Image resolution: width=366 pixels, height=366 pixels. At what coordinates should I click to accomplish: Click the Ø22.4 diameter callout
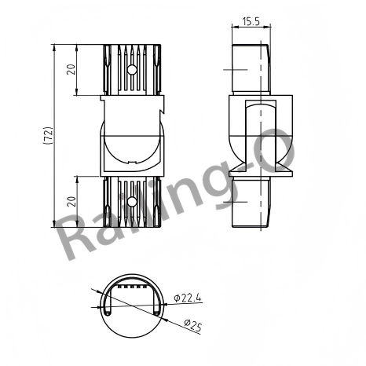(188, 297)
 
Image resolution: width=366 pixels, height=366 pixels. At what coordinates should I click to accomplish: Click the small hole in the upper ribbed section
(131, 70)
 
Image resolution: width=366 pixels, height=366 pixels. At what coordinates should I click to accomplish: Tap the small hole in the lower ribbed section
(131, 201)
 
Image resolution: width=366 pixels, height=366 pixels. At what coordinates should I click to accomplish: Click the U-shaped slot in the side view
(251, 126)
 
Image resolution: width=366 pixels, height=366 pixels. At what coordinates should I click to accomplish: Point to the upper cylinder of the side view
(251, 70)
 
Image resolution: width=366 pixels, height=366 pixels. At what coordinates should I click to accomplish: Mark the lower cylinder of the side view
(251, 203)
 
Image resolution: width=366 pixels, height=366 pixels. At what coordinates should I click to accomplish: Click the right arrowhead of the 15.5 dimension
(267, 27)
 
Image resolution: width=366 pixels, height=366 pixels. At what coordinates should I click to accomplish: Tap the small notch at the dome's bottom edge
(131, 164)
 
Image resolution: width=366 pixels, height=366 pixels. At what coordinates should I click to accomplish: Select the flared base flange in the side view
(251, 168)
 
